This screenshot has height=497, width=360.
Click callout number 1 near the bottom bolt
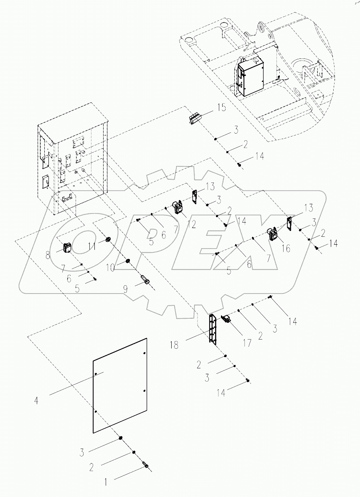tap(106, 482)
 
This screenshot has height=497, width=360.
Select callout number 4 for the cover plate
tap(37, 401)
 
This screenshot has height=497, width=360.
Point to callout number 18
tap(175, 345)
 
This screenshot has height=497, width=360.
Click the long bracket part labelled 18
tap(213, 329)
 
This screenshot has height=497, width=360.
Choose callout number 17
tap(247, 343)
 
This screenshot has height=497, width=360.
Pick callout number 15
tap(221, 108)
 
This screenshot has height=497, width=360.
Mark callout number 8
tap(48, 254)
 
